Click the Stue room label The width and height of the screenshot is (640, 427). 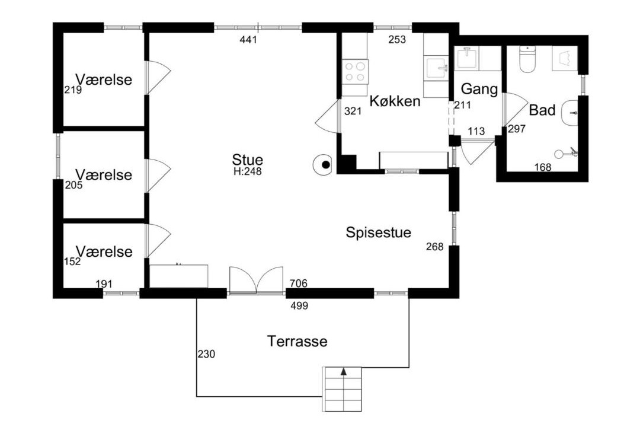click(247, 160)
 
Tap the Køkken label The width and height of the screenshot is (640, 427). click(395, 101)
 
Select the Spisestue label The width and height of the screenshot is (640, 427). click(378, 232)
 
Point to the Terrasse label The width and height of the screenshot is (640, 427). click(297, 341)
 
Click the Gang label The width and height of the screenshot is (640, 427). click(479, 89)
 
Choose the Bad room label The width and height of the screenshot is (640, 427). click(542, 110)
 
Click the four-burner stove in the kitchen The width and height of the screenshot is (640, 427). click(355, 72)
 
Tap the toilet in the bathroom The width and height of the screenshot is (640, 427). click(527, 60)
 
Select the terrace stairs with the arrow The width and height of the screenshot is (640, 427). click(343, 389)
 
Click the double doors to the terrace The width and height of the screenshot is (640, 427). click(256, 281)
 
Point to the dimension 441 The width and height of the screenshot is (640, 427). click(248, 40)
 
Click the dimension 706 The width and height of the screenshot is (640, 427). click(298, 283)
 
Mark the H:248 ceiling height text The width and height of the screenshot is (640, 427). click(247, 171)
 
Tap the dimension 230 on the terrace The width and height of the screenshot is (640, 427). click(206, 354)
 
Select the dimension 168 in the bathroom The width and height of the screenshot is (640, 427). click(543, 167)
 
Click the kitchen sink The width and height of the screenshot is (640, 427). click(437, 68)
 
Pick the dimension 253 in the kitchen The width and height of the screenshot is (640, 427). click(397, 40)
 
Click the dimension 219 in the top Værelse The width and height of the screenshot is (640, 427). click(73, 90)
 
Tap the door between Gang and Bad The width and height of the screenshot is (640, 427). click(515, 110)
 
